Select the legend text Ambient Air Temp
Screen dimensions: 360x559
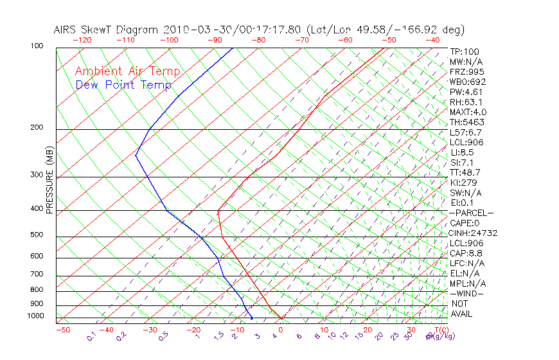[127, 72]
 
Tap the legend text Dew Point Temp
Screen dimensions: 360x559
[123, 85]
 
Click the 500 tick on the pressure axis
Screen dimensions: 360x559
[37, 235]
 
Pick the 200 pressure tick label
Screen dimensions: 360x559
[37, 128]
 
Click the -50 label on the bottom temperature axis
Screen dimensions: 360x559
[62, 330]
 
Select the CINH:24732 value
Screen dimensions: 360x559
[474, 233]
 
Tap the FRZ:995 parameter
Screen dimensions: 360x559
[467, 71]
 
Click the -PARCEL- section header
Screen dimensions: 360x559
[471, 213]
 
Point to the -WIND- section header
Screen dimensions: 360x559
[466, 294]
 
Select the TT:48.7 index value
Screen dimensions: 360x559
[465, 172]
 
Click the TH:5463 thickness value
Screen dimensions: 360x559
[467, 122]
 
